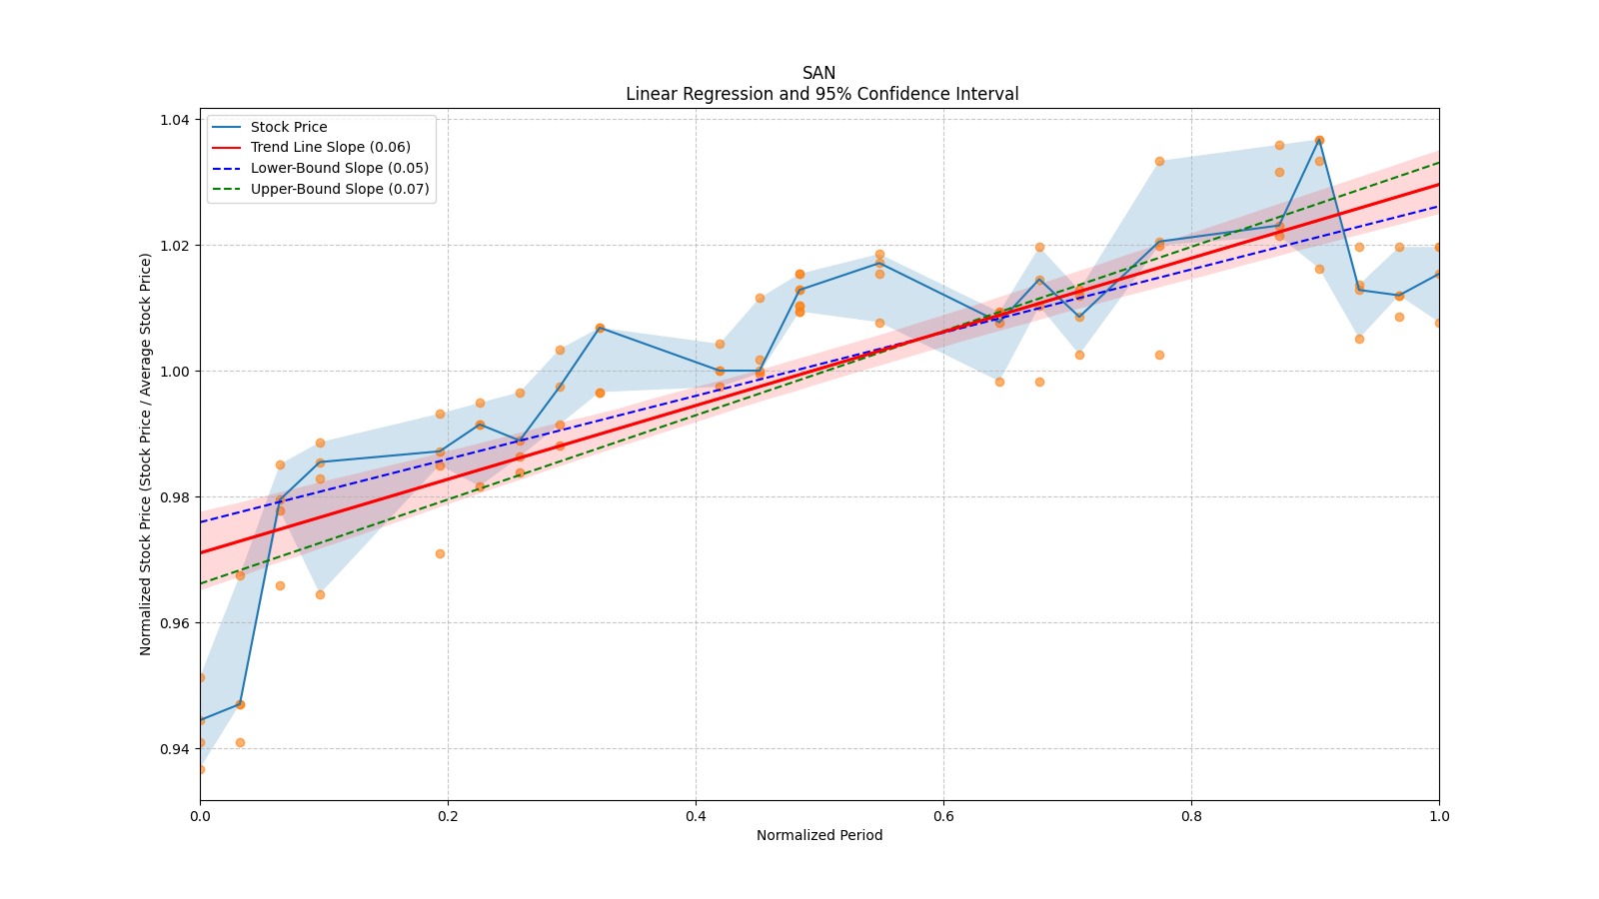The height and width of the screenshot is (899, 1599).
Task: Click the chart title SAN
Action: pyautogui.click(x=818, y=73)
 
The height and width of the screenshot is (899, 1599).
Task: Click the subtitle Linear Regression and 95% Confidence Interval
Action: pyautogui.click(x=821, y=94)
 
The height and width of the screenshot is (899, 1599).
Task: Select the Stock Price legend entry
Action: pyautogui.click(x=289, y=127)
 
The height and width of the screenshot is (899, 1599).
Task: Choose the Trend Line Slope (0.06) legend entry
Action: pyautogui.click(x=330, y=148)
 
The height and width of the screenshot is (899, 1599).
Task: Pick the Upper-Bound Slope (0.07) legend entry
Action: pyautogui.click(x=339, y=189)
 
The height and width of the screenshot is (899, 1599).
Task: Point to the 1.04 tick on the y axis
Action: pyautogui.click(x=175, y=120)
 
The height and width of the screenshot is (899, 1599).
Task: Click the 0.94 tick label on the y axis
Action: pyautogui.click(x=175, y=749)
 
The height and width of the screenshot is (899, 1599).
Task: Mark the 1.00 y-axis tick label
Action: pyautogui.click(x=175, y=372)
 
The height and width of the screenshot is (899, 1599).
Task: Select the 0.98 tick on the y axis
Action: pyautogui.click(x=175, y=497)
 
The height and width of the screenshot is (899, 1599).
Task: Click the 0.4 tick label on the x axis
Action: pyautogui.click(x=696, y=815)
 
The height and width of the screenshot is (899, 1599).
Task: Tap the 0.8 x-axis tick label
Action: pyautogui.click(x=1191, y=815)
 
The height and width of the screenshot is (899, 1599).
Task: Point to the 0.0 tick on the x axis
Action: pyautogui.click(x=200, y=815)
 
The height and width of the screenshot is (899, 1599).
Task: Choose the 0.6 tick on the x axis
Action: pyautogui.click(x=943, y=815)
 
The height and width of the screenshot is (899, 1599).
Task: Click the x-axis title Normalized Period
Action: pyautogui.click(x=819, y=835)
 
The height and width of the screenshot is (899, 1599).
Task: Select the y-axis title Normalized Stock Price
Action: pyautogui.click(x=146, y=453)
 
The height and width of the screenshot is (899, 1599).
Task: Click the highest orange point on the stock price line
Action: pyautogui.click(x=1319, y=140)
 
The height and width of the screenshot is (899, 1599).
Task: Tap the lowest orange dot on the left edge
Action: pyautogui.click(x=200, y=769)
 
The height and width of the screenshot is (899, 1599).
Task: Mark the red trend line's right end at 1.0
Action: pyautogui.click(x=1438, y=184)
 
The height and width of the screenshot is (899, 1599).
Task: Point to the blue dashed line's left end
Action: pyautogui.click(x=201, y=521)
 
